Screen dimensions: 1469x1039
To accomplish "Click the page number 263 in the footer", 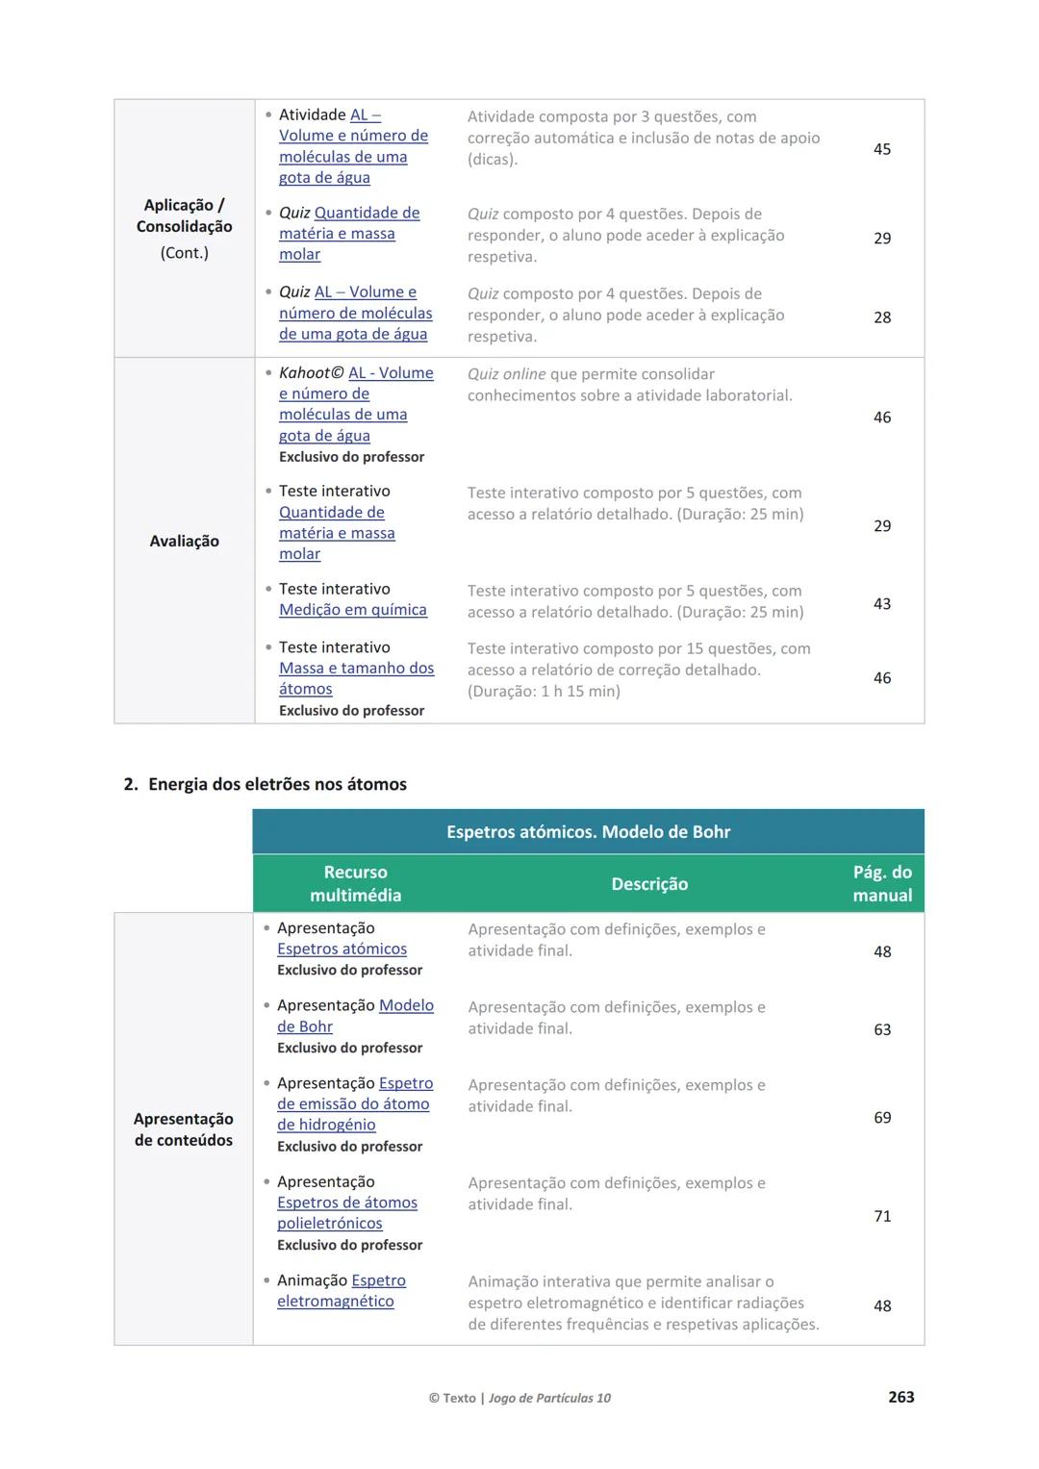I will [900, 1397].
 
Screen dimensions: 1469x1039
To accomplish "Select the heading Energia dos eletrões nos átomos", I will [277, 784].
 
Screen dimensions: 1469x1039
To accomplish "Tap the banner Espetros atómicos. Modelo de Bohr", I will [588, 832].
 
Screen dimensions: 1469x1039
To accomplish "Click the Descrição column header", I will [649, 883].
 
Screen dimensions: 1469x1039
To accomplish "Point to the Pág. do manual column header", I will [882, 883].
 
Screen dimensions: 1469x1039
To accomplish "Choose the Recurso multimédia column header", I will [355, 883].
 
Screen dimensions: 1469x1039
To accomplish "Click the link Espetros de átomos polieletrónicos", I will [346, 1212].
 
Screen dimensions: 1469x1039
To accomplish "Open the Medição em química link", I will [353, 610].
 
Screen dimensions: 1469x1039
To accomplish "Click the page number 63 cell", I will [882, 1029].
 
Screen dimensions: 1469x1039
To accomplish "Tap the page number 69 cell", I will [882, 1118].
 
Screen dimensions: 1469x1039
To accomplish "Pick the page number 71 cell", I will [882, 1216].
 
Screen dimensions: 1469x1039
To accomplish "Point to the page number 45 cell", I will [882, 149].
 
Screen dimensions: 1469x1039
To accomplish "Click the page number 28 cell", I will [882, 317].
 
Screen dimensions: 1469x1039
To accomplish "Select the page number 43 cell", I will [882, 604].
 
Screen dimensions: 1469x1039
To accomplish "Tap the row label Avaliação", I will [184, 541].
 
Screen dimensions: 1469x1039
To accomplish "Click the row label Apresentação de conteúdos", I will [184, 1129].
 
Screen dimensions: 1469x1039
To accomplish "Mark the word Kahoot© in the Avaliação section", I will [311, 373].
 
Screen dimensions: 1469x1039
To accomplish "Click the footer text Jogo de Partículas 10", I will [549, 1398].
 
